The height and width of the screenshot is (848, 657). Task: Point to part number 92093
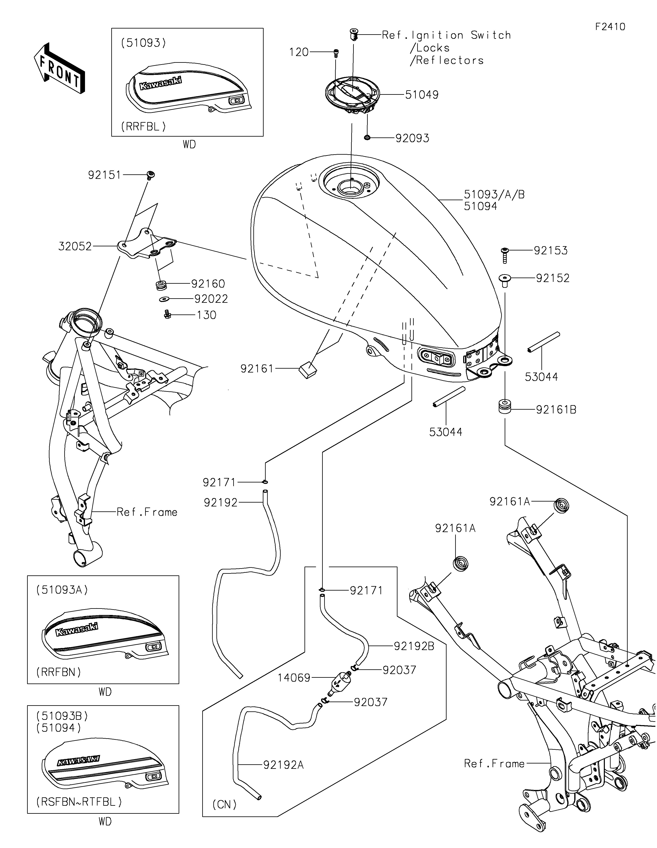[x=412, y=138]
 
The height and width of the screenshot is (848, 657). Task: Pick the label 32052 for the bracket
[x=75, y=246]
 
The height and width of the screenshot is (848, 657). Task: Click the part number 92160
[x=208, y=284]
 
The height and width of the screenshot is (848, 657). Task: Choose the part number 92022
[x=211, y=299]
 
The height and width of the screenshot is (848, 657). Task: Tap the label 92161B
[x=556, y=410]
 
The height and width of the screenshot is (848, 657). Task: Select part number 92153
[x=550, y=250]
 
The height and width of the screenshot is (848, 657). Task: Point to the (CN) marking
[x=225, y=804]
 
